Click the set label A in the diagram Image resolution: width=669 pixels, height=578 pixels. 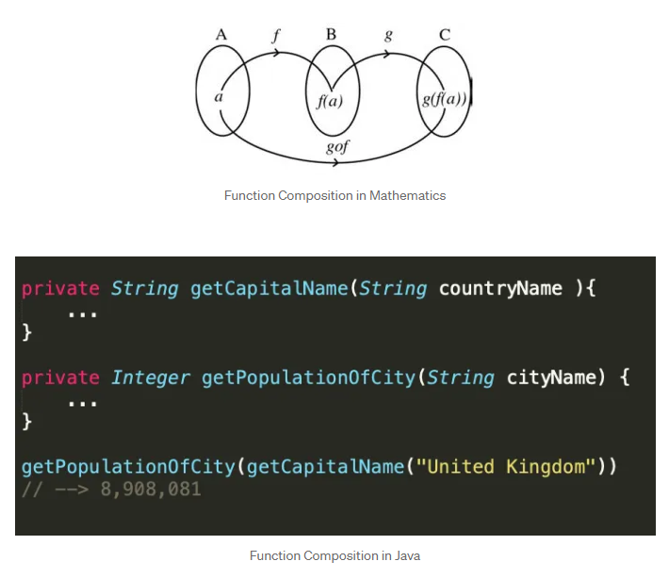(221, 35)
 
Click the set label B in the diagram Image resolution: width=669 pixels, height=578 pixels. (331, 35)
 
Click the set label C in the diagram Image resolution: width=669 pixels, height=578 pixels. (444, 35)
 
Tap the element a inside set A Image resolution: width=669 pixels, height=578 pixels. (219, 96)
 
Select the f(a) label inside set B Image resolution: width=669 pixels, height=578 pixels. (330, 100)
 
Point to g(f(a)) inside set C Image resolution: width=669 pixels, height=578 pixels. (445, 98)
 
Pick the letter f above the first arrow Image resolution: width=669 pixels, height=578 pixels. (276, 37)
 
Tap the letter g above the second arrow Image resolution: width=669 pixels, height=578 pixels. (388, 36)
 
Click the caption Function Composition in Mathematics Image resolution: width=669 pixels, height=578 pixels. (334, 195)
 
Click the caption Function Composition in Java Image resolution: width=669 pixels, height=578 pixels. (334, 555)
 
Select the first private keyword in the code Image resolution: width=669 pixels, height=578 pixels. (60, 289)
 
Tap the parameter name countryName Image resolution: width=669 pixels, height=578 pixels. (500, 289)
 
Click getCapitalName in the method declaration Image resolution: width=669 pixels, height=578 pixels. (269, 289)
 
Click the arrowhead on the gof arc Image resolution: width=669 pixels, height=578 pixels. (336, 164)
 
